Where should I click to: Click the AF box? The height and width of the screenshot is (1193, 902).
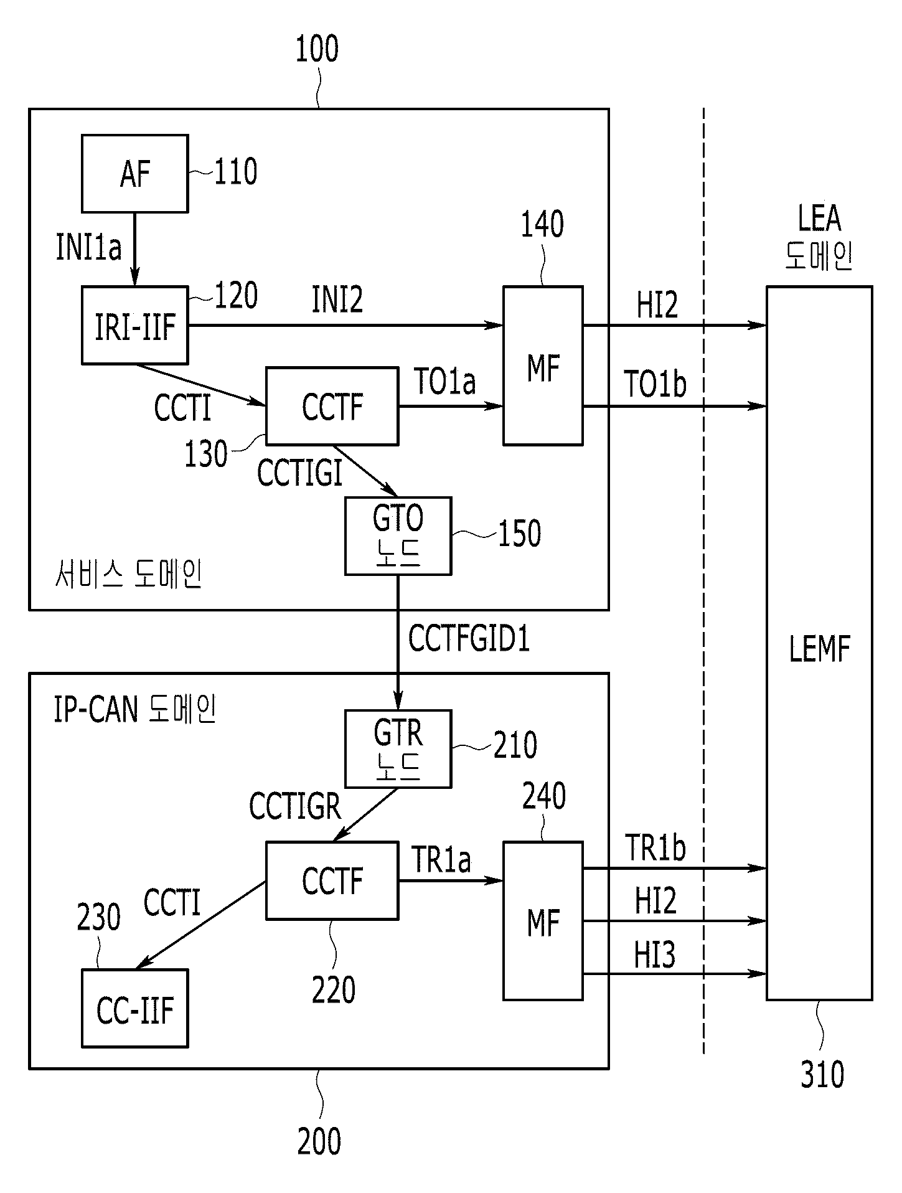[135, 173]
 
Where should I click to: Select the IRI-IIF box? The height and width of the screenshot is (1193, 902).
[135, 325]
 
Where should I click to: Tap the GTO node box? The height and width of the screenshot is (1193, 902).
[398, 535]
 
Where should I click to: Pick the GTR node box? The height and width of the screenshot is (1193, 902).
[398, 749]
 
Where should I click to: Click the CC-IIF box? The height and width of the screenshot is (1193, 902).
[135, 1008]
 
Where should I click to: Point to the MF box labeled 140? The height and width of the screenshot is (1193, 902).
[543, 365]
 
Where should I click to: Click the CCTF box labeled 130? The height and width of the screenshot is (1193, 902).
[332, 406]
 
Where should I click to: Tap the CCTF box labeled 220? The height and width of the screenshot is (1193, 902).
[332, 880]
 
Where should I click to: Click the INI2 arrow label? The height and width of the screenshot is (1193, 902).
[337, 300]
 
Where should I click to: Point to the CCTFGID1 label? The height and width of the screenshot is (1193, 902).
[469, 639]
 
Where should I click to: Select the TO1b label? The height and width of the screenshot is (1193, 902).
[655, 384]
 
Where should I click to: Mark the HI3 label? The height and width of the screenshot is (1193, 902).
[655, 955]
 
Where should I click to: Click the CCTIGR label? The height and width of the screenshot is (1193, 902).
[295, 807]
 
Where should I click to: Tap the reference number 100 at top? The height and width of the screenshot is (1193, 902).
[317, 49]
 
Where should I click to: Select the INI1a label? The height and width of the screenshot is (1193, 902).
[89, 247]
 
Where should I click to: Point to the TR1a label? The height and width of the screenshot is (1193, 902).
[441, 860]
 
